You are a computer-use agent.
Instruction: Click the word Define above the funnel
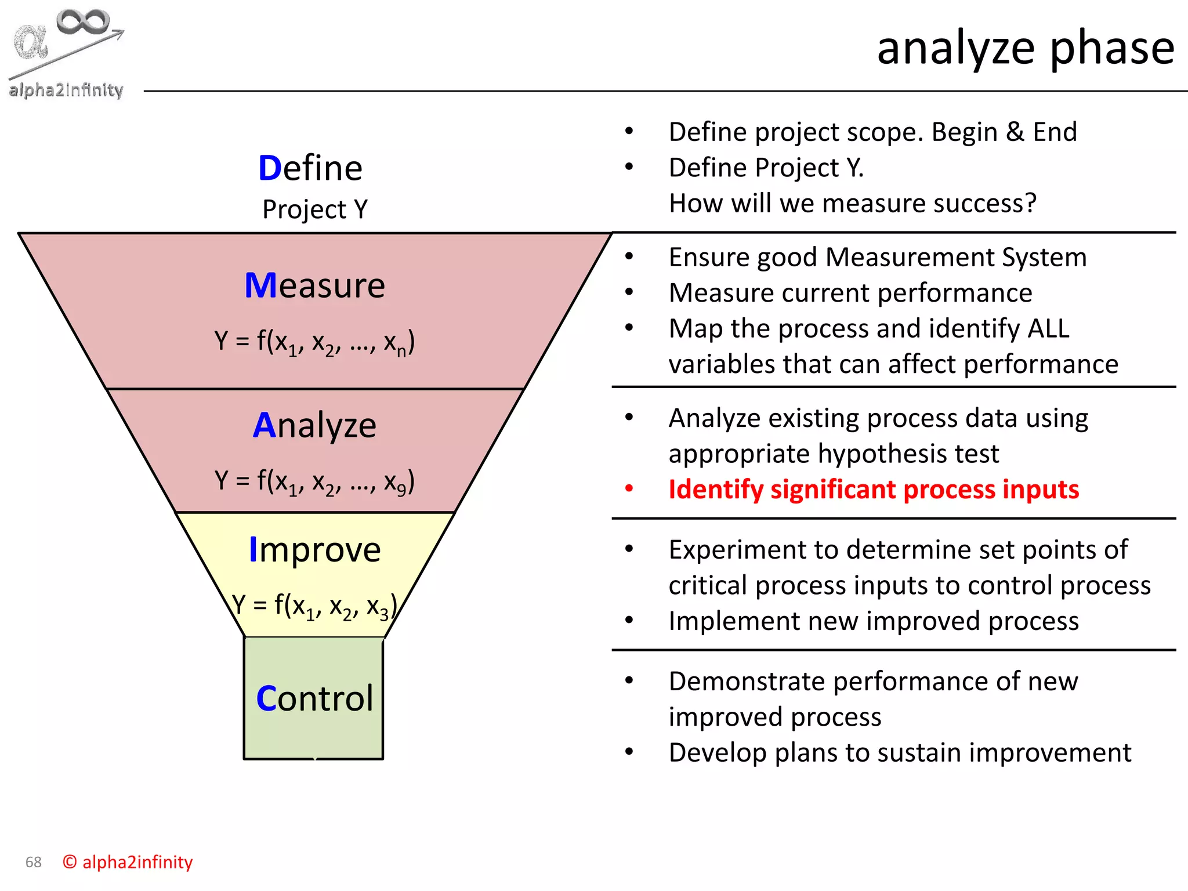pos(310,168)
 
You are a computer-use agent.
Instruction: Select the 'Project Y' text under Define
pos(315,209)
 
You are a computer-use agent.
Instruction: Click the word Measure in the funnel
pos(315,285)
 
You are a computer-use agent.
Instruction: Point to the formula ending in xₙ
pos(314,342)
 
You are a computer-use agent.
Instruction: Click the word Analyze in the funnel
pos(315,425)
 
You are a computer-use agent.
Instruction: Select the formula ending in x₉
pos(314,481)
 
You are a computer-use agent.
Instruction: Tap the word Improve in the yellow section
pos(315,549)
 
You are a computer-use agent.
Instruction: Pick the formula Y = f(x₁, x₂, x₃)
pos(314,606)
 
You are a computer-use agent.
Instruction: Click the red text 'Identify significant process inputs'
pos(874,490)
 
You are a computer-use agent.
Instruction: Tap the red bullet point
pos(629,488)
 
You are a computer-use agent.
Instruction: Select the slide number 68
pos(34,862)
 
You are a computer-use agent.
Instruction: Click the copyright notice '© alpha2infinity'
pos(128,862)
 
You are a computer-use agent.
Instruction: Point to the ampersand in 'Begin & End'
pos(1015,132)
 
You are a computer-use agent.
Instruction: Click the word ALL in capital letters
pos(1048,328)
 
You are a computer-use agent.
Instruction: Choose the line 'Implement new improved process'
pos(874,621)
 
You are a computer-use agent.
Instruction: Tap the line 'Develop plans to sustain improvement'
pos(900,753)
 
